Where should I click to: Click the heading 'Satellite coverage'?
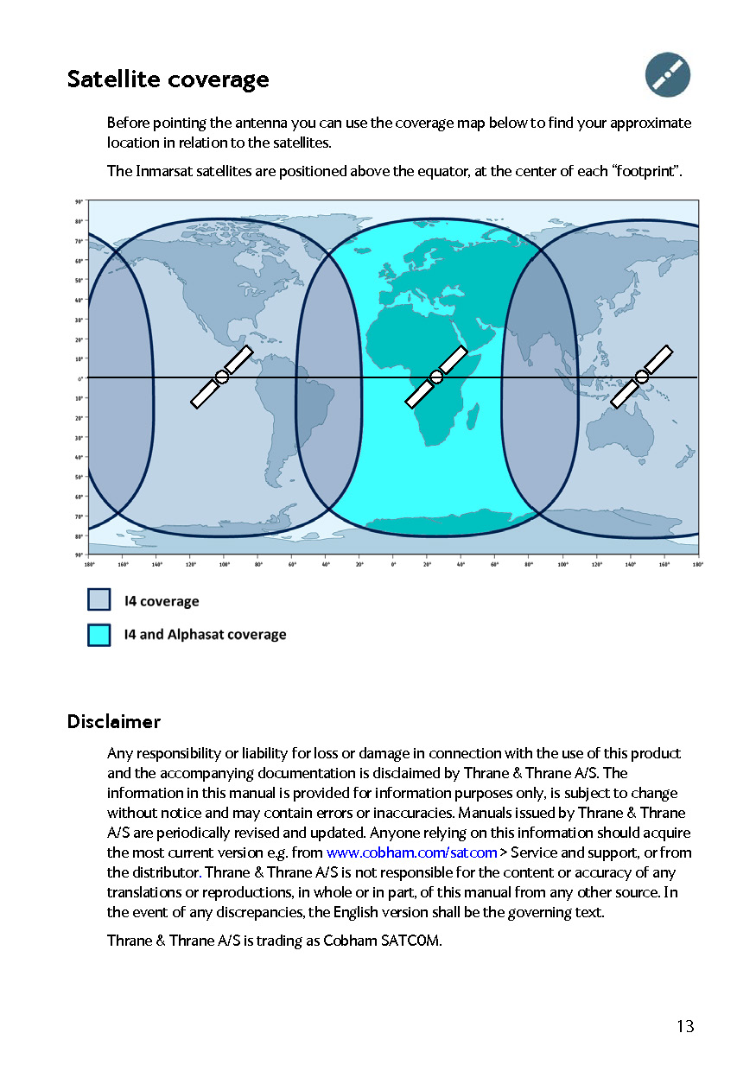[x=168, y=79]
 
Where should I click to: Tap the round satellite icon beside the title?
[x=668, y=74]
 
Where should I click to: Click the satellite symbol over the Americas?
[x=222, y=377]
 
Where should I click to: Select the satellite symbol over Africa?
[x=436, y=377]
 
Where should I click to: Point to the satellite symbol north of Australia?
[x=641, y=376]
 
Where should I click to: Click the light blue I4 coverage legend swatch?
[x=99, y=600]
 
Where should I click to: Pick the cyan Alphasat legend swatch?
[x=99, y=634]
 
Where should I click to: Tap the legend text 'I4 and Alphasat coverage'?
[x=205, y=634]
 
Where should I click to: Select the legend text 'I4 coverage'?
[x=162, y=601]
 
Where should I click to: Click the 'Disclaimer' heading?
[x=114, y=721]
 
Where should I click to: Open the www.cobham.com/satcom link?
[x=411, y=852]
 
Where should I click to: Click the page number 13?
[x=685, y=1026]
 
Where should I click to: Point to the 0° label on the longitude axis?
[x=394, y=564]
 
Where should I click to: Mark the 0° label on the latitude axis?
[x=79, y=378]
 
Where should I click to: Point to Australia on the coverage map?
[x=626, y=432]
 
